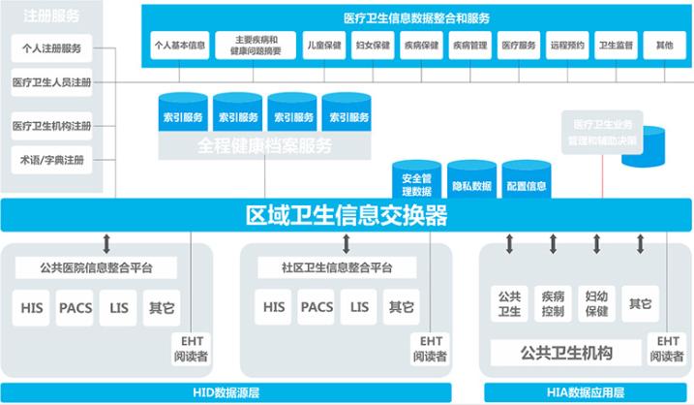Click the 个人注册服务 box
(x=51, y=47)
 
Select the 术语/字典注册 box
(x=51, y=159)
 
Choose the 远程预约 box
(x=568, y=46)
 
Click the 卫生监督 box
(x=616, y=46)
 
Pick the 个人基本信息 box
(x=179, y=46)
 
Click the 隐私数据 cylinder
(x=471, y=184)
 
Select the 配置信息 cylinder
(x=526, y=184)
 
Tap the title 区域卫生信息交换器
(x=346, y=214)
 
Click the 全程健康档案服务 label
(x=264, y=146)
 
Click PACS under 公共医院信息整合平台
(x=75, y=308)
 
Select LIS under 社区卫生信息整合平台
(x=360, y=308)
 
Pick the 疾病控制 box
(x=553, y=304)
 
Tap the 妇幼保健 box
(x=596, y=304)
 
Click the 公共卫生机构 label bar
(x=566, y=352)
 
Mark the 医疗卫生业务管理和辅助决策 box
(x=603, y=133)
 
